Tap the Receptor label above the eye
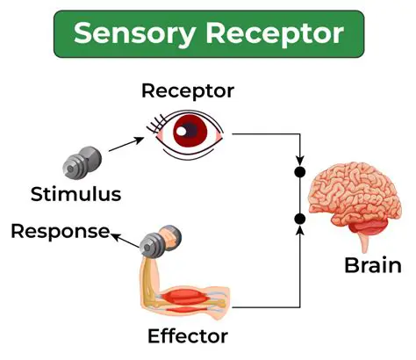point(188,90)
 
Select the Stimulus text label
point(75,192)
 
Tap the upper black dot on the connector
point(299,171)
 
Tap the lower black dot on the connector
point(299,218)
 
